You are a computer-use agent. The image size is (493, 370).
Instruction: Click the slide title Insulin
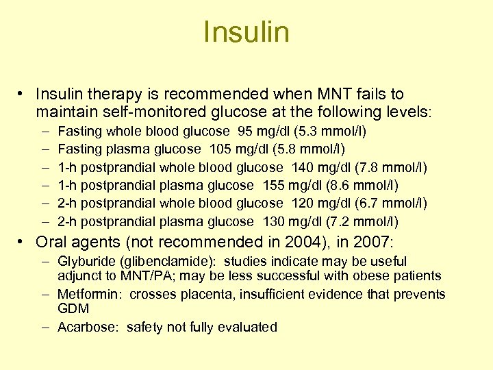(x=246, y=32)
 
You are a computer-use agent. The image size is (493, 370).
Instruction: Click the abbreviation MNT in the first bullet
(x=309, y=94)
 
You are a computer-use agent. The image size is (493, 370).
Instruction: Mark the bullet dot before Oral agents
(x=23, y=242)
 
